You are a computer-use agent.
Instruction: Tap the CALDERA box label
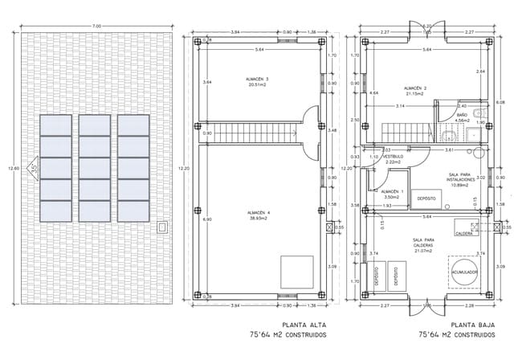point(464,233)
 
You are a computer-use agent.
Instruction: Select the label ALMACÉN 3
point(257,80)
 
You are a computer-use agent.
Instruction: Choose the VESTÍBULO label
point(393,158)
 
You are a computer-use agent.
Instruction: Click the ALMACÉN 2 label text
point(415,88)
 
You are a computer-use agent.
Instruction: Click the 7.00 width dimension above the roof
point(97,27)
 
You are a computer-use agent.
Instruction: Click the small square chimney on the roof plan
point(163,227)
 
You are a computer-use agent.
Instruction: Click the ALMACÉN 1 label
point(392,193)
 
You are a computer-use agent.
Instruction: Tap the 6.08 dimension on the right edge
point(501,103)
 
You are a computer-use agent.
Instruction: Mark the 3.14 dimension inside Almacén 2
point(399,105)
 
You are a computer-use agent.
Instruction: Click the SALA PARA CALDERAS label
point(424,244)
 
